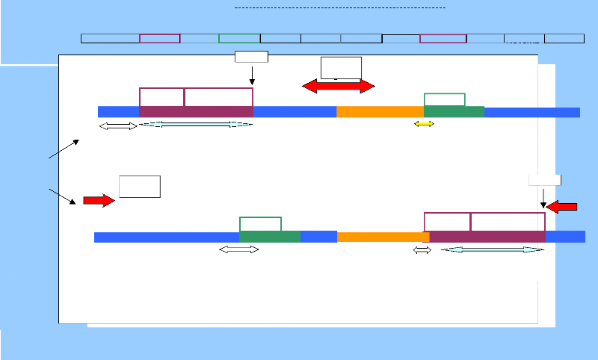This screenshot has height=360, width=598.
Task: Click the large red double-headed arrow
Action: pos(338,87)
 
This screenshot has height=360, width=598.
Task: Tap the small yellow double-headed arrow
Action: pos(424,124)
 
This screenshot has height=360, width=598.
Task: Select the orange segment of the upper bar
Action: pos(380,112)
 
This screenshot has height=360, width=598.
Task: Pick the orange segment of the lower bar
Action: pos(383,237)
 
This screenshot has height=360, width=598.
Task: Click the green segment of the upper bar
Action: pos(454,112)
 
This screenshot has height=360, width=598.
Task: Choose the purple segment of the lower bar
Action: pos(487,237)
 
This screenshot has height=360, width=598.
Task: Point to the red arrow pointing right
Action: pos(97,200)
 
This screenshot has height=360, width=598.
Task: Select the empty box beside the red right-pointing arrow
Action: pos(140,187)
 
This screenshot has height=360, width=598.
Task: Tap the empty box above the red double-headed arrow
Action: pos(341,66)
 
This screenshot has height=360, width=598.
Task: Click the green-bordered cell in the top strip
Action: pos(239,38)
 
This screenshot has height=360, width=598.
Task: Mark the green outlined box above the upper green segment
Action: pos(445,100)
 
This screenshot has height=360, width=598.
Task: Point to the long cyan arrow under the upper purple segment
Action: pos(196,125)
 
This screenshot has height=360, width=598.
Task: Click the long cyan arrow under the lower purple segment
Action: pos(493,249)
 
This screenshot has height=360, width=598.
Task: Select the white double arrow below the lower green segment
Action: pos(238,249)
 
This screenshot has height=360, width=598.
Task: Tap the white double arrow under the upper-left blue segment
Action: pos(118,126)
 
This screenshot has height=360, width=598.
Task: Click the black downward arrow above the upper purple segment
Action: pos(253,75)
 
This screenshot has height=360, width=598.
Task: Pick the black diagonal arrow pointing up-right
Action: pos(64,149)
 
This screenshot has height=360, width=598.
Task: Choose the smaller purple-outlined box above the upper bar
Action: pos(161,97)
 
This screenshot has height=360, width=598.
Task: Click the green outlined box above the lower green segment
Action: pos(260,224)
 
